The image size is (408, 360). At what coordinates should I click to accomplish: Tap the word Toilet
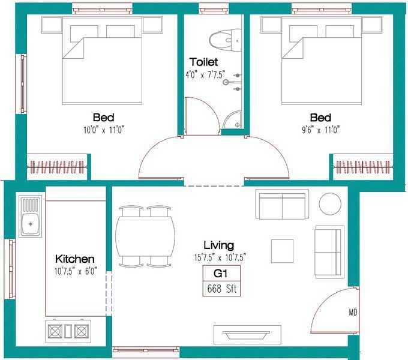point(203,62)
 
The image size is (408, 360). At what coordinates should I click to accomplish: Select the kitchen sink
point(31,216)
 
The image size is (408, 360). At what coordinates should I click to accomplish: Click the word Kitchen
point(75,259)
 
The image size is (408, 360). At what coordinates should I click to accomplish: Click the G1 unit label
point(223,274)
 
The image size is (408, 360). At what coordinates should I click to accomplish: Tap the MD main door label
point(353,313)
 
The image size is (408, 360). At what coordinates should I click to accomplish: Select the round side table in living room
point(330,203)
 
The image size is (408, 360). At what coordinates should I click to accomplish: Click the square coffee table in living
point(282,250)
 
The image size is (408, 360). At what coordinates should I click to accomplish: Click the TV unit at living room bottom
point(247,334)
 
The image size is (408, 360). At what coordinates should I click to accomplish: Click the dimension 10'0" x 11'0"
point(104,129)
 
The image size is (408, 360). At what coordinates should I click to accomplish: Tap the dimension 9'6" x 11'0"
point(322,129)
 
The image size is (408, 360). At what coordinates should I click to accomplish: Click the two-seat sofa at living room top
point(282,205)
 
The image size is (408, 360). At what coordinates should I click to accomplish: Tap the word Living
point(218,245)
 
